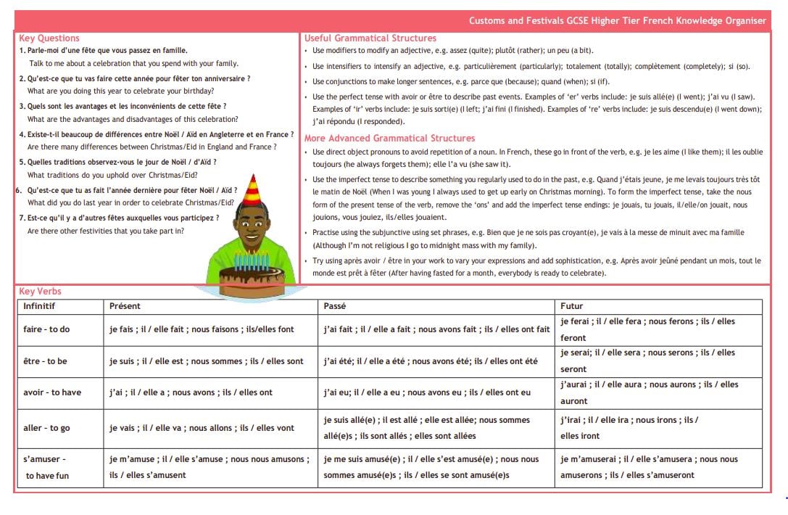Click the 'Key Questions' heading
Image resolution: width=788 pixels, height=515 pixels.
coord(49,38)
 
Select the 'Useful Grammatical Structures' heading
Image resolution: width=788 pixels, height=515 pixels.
coord(370,38)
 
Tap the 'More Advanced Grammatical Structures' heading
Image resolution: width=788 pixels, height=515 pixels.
coord(390,138)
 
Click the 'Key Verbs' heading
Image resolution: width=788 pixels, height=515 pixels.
coord(41,292)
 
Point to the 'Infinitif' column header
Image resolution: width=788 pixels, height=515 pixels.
coord(39,306)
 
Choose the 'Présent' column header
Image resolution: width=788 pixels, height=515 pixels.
coord(125,306)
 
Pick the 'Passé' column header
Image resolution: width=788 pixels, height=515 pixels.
coord(335,306)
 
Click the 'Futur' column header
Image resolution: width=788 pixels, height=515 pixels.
coord(572,306)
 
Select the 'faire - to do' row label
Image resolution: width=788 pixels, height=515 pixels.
coord(46,329)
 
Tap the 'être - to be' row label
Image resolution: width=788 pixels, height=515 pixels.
coord(45,361)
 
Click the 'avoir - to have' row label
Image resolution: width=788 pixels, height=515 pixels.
coord(52,392)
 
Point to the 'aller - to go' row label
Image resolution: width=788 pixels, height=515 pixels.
coord(46,428)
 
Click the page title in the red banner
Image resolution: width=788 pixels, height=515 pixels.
coord(617,21)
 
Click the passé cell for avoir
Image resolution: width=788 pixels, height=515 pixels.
coord(426,392)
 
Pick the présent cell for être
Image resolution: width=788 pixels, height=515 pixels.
coord(207,361)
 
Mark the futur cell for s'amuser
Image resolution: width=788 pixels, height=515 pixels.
coord(648,467)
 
